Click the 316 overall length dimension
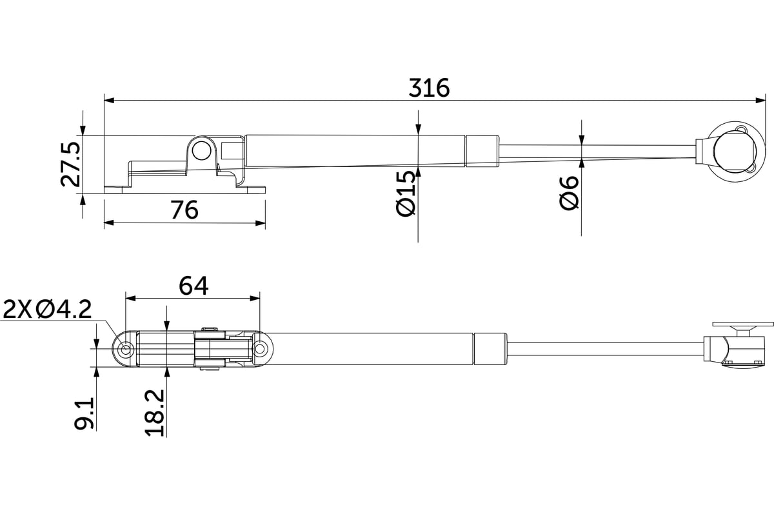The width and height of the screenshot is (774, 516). [x=429, y=88]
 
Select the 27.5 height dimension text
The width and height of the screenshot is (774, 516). [x=71, y=164]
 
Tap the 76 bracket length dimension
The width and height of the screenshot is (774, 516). [x=184, y=210]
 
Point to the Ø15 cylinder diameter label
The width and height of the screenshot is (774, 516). [x=405, y=193]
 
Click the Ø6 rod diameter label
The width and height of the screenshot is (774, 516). [x=569, y=192]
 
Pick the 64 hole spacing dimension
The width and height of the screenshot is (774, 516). [x=193, y=286]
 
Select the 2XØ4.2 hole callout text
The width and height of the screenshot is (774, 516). [x=47, y=310]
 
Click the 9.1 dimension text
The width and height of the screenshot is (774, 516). [x=84, y=413]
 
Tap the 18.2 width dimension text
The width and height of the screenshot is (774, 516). [x=154, y=413]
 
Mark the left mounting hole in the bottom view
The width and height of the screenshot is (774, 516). [x=125, y=349]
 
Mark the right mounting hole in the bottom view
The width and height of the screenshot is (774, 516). [x=259, y=349]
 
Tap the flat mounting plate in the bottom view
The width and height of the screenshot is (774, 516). [x=743, y=324]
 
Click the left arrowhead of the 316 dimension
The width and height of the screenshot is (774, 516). [x=109, y=100]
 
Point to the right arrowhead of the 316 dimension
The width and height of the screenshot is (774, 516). [x=760, y=100]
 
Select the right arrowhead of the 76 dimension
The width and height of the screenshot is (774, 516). [x=261, y=223]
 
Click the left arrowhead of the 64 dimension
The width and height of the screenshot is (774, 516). [x=130, y=298]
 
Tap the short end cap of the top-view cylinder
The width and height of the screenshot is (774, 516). [x=482, y=152]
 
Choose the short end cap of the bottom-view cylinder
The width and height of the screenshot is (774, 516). [x=490, y=349]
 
